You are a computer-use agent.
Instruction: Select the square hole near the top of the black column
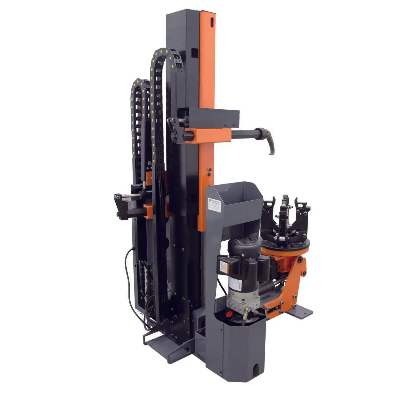[x=194, y=52]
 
